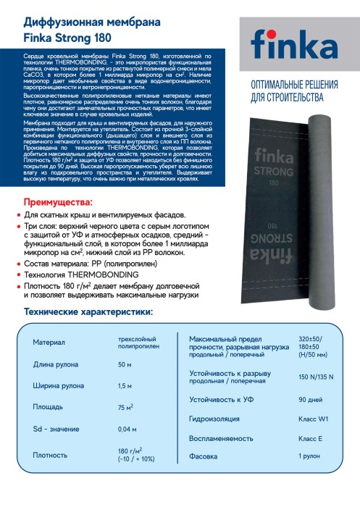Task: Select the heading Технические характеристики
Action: (88, 312)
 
